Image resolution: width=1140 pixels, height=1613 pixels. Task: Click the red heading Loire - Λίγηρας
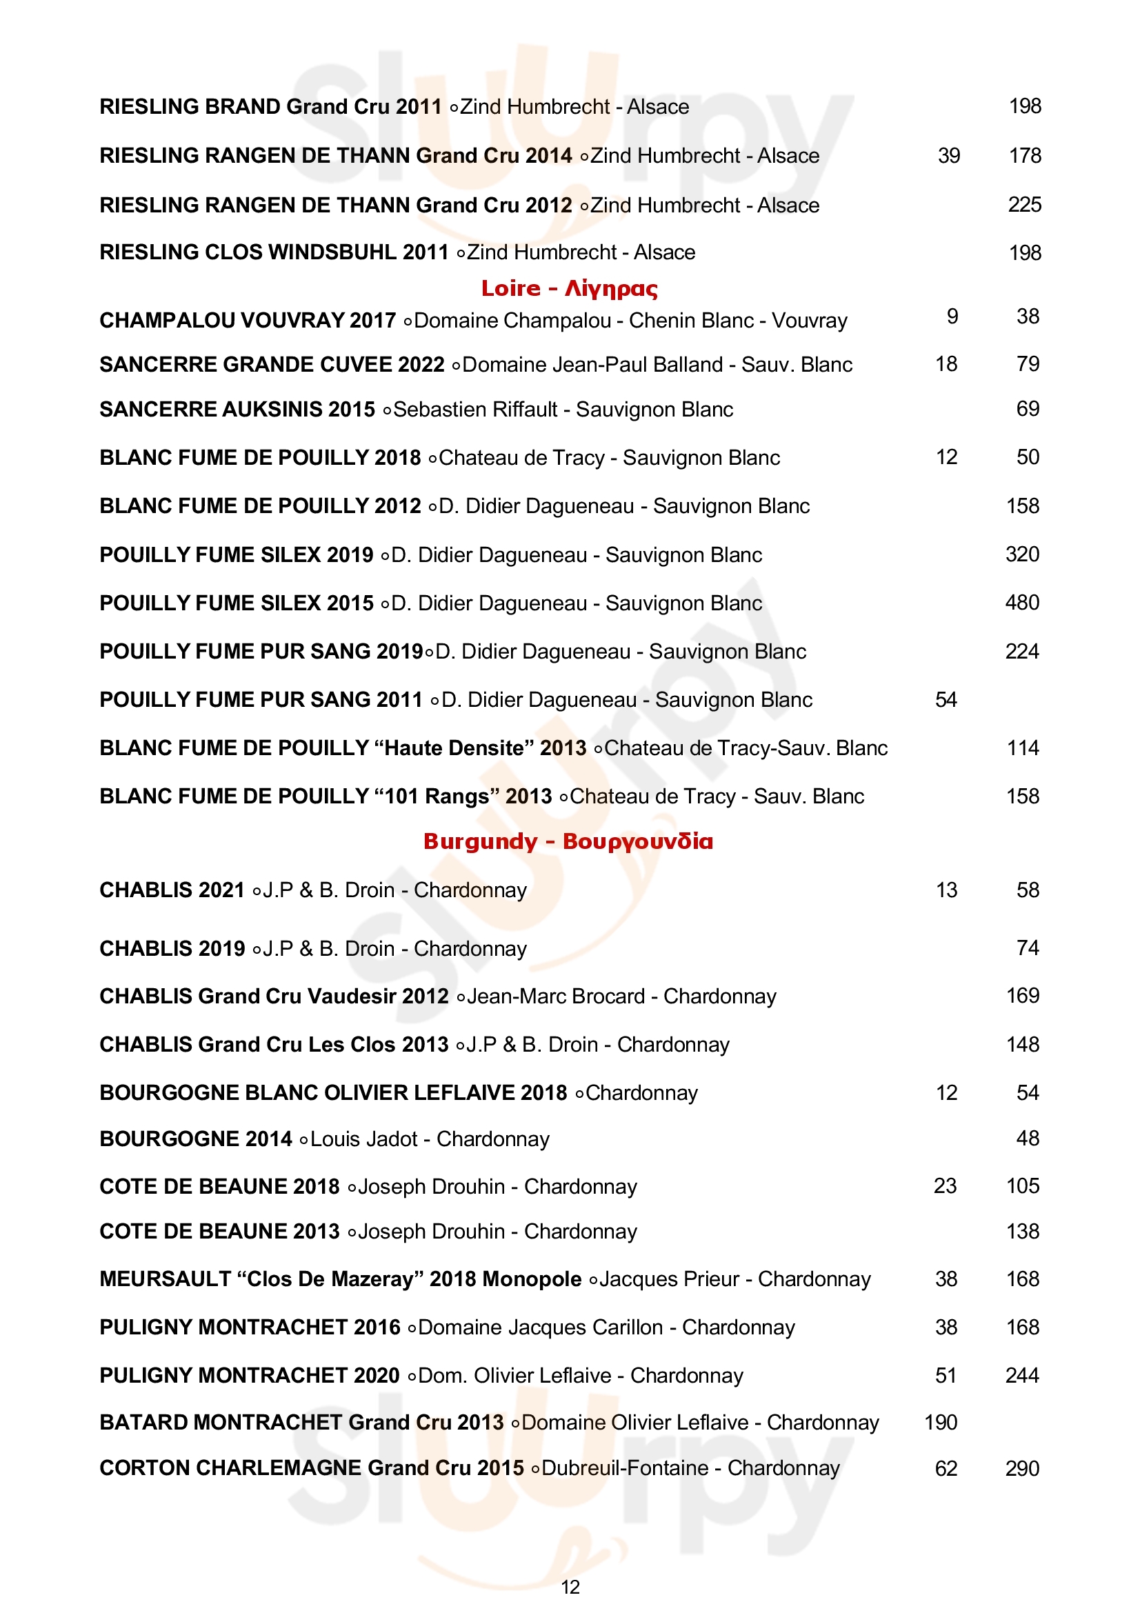pyautogui.click(x=569, y=288)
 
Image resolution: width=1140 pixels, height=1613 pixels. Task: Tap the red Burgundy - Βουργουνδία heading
pyautogui.click(x=568, y=841)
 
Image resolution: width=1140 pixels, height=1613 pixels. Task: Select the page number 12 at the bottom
pyautogui.click(x=570, y=1587)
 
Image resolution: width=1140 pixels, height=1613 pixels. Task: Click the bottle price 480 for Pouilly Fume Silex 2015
pyautogui.click(x=1022, y=603)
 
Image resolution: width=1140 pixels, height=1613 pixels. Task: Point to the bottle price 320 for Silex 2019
pyautogui.click(x=1022, y=554)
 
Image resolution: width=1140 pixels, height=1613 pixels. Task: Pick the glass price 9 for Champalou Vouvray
pyautogui.click(x=952, y=317)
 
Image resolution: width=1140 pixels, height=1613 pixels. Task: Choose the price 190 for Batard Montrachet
pyautogui.click(x=941, y=1423)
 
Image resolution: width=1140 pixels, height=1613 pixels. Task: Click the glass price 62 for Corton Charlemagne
pyautogui.click(x=946, y=1469)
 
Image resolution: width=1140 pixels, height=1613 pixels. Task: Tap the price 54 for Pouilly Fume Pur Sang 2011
pyautogui.click(x=946, y=700)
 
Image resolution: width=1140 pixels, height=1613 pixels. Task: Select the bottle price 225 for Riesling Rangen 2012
pyautogui.click(x=1024, y=205)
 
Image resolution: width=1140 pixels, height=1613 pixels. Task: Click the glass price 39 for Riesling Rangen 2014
pyautogui.click(x=948, y=156)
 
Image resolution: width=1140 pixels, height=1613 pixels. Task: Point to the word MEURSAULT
pyautogui.click(x=165, y=1279)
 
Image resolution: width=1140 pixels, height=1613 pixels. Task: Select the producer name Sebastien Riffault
pyautogui.click(x=474, y=410)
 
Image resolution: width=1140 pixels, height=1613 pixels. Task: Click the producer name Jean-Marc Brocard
pyautogui.click(x=556, y=996)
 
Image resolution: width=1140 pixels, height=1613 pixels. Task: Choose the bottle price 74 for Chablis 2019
pyautogui.click(x=1027, y=948)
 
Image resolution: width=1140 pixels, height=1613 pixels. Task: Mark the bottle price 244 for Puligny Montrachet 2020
pyautogui.click(x=1022, y=1376)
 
